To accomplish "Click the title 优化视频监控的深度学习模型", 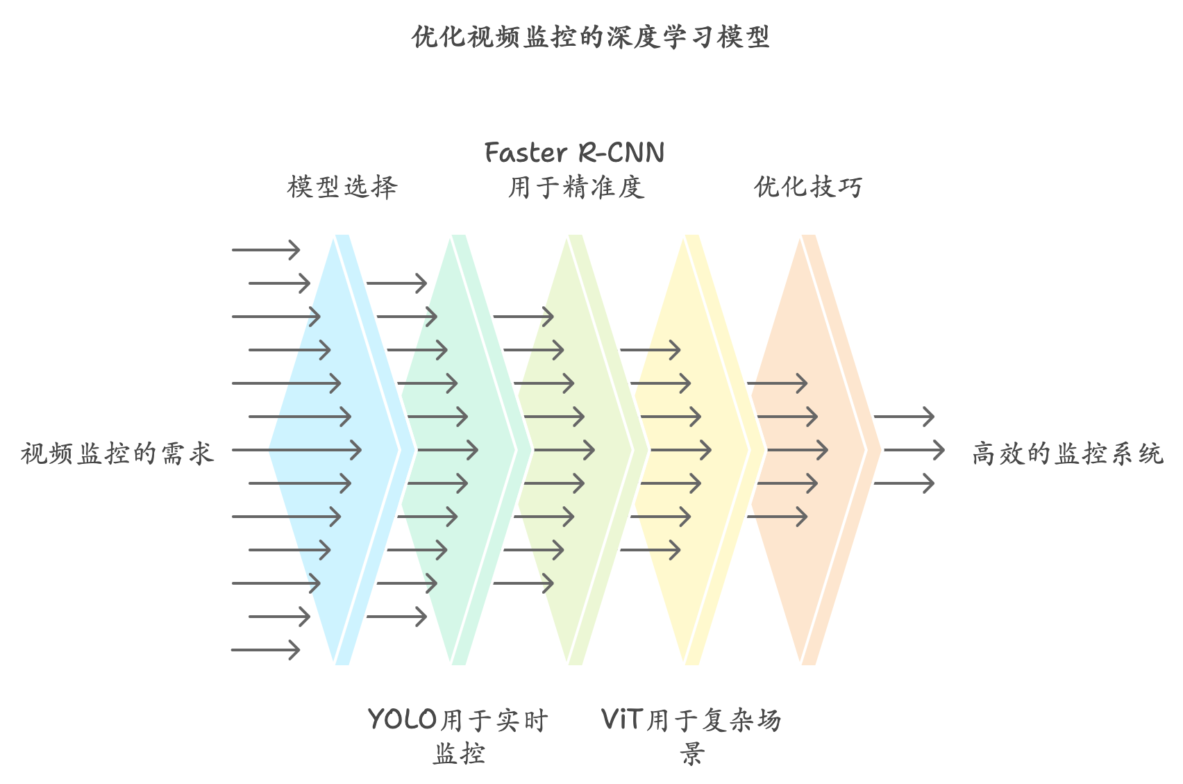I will [591, 37].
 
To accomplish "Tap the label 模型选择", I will [342, 187].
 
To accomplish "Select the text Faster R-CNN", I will [574, 153].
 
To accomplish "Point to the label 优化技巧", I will [808, 187].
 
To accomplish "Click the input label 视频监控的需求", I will [117, 453].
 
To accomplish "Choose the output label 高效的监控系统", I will [1067, 453].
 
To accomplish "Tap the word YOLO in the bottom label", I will [403, 719].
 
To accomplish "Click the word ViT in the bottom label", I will [622, 719].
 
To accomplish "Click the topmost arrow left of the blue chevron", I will [265, 249].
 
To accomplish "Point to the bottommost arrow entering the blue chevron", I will [265, 650].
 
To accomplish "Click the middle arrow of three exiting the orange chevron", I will [914, 450].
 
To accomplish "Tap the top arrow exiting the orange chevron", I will [904, 417].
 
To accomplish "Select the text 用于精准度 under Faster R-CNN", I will [576, 187].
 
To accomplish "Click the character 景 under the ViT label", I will [691, 753].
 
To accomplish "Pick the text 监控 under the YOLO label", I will [459, 753].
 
